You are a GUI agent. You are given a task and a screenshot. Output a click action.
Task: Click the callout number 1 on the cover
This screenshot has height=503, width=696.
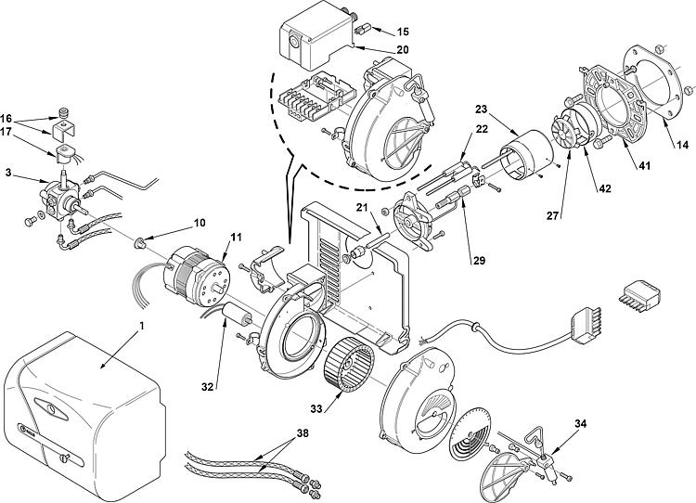click(x=141, y=327)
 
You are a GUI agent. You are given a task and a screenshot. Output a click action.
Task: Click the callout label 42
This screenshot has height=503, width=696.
click(x=604, y=187)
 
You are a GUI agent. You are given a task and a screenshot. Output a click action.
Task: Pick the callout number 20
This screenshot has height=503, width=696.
click(x=376, y=50)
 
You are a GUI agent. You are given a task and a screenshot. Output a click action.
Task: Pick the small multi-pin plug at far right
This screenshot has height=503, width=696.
click(x=643, y=293)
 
